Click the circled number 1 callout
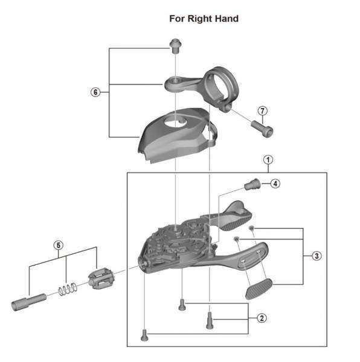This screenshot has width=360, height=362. point(268,160)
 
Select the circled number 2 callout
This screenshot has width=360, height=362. point(262,318)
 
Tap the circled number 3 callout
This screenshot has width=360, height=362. point(317,256)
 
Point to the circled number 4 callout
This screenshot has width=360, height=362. point(275,184)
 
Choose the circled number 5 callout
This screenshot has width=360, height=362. point(58,245)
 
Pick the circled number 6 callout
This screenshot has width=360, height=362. point(95,92)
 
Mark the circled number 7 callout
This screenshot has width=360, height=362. point(262,111)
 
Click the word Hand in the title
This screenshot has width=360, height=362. point(227,19)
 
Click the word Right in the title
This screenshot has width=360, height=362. point(200,19)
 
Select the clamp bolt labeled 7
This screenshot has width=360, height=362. point(262,129)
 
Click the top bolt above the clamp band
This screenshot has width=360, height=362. point(175,46)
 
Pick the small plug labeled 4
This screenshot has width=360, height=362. point(252,184)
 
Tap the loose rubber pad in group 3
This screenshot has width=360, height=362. point(259,289)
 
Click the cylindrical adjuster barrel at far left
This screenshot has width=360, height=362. point(28,302)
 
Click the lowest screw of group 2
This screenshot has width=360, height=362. point(144,335)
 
